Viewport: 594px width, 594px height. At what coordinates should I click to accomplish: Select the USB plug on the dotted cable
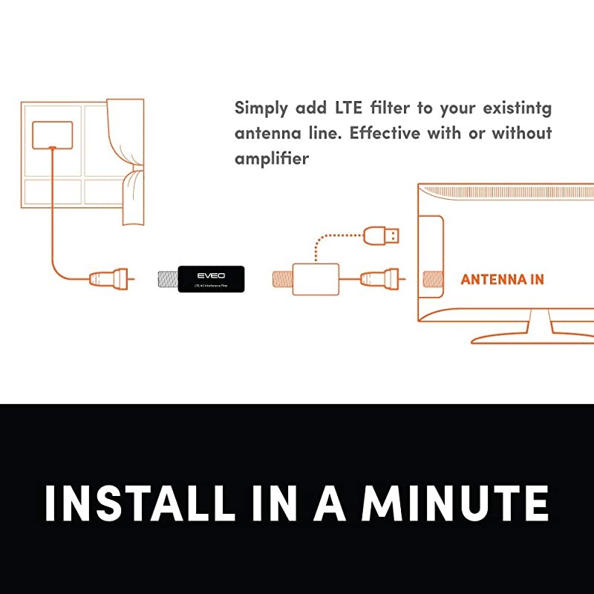pos(382,235)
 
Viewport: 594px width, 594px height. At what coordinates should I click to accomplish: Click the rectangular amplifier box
pos(317,279)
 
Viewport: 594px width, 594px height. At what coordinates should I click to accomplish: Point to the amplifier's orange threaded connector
pos(283,279)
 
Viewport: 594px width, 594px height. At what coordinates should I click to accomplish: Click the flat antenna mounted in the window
pos(53,134)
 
